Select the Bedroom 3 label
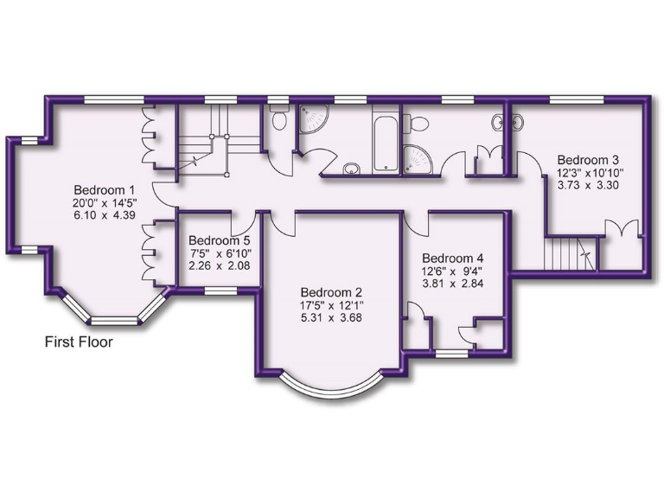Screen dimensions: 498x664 click(x=588, y=160)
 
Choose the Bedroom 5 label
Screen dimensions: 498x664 click(x=220, y=239)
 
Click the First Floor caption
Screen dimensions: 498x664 click(x=79, y=342)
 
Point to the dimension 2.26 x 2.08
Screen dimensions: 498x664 click(x=220, y=265)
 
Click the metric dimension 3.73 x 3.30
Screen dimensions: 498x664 click(x=588, y=186)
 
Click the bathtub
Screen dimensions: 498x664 click(x=383, y=141)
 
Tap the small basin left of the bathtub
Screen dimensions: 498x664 click(x=352, y=167)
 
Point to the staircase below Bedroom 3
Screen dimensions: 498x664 click(x=571, y=253)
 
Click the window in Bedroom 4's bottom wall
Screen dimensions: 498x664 click(x=450, y=352)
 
